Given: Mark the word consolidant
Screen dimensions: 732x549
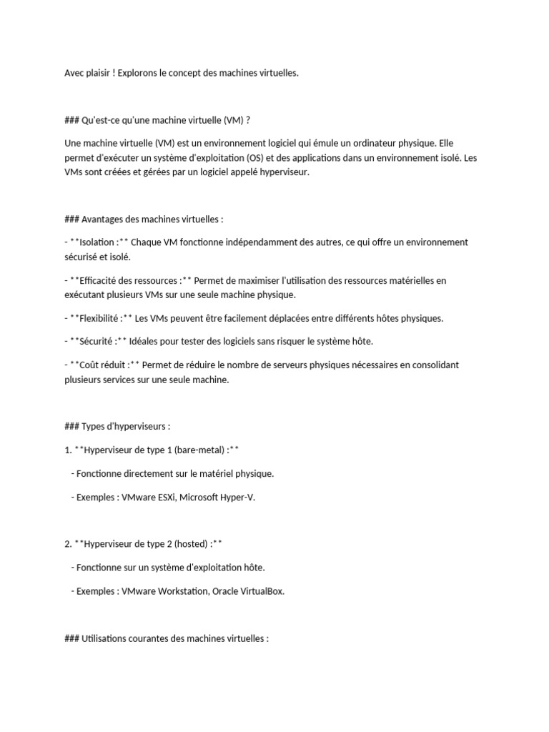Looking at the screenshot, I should (x=433, y=365).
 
